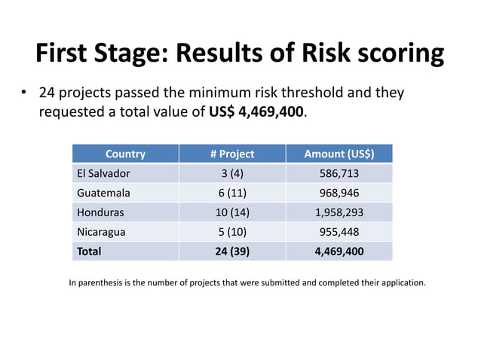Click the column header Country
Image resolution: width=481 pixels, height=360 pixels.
click(125, 154)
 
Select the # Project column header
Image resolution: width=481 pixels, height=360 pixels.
click(232, 154)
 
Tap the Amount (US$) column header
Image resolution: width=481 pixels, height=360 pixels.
click(339, 154)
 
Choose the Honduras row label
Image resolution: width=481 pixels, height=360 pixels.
click(100, 212)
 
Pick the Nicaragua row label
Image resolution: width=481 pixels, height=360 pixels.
click(102, 232)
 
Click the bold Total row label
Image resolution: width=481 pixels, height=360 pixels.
click(89, 251)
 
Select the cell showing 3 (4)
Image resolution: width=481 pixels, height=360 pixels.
click(232, 173)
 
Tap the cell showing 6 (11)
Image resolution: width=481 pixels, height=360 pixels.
click(232, 193)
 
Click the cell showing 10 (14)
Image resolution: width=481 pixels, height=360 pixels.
click(232, 212)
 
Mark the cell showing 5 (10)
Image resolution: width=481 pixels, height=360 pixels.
click(232, 232)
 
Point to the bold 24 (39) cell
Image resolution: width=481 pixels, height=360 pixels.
click(232, 251)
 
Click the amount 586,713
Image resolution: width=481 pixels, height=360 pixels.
click(339, 173)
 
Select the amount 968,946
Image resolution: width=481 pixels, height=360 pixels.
click(339, 193)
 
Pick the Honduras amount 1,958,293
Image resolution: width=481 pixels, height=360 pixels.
click(339, 212)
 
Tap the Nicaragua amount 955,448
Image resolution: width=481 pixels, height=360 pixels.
click(339, 232)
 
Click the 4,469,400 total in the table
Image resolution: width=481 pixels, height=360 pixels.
click(339, 251)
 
